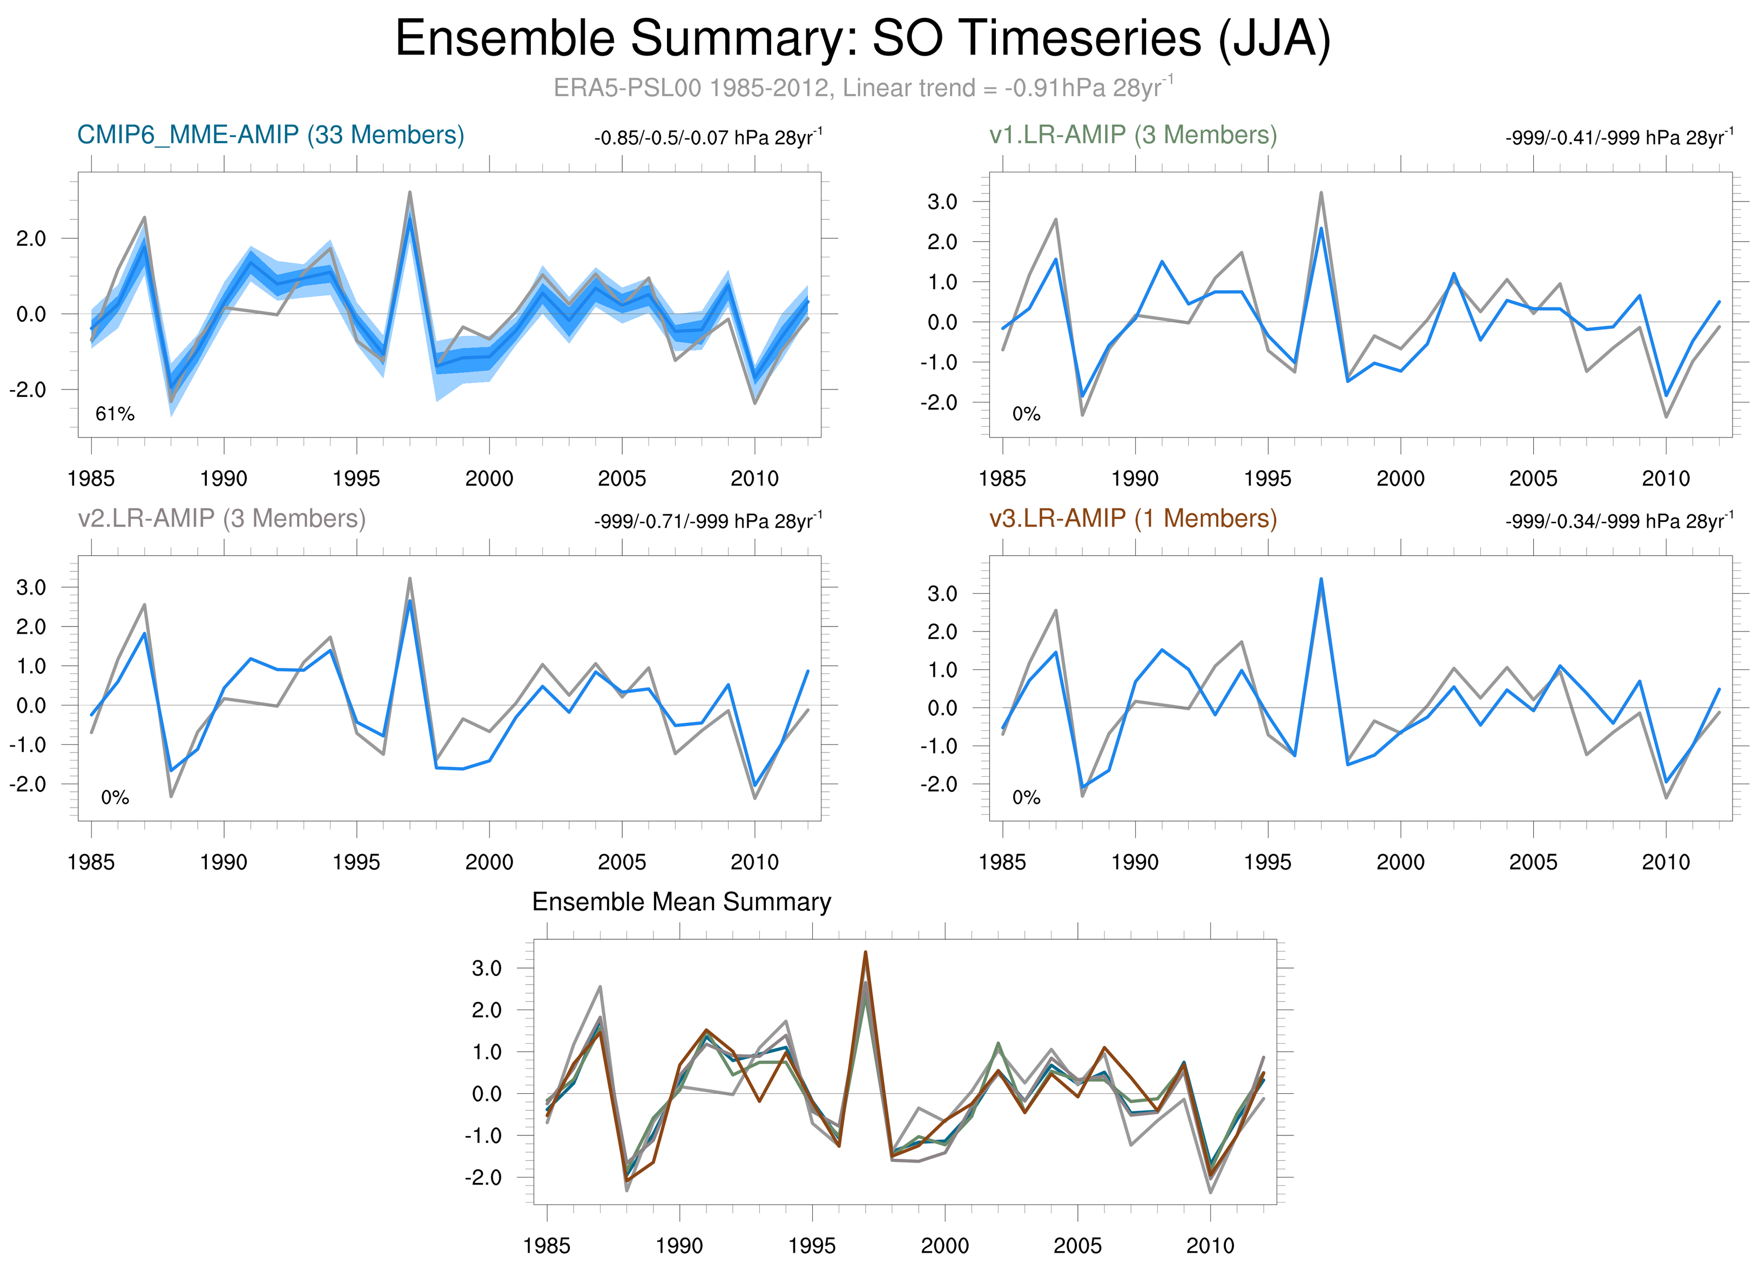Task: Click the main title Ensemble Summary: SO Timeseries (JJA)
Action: (x=862, y=39)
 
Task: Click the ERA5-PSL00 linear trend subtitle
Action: (x=862, y=88)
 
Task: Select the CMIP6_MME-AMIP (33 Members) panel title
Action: (x=271, y=135)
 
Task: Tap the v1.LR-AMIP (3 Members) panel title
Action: (x=1133, y=135)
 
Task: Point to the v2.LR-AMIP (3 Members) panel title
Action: (x=222, y=518)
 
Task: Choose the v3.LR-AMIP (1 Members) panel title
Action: (x=1133, y=518)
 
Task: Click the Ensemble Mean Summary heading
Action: (x=681, y=902)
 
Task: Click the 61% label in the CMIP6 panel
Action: (x=115, y=414)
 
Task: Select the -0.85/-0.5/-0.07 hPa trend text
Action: (x=707, y=138)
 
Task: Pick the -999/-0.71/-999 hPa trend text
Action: (x=707, y=521)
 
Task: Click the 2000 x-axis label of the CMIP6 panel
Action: (x=489, y=479)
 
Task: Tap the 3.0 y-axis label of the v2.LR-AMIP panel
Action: (x=31, y=587)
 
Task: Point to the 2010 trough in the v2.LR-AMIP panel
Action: (x=754, y=785)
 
